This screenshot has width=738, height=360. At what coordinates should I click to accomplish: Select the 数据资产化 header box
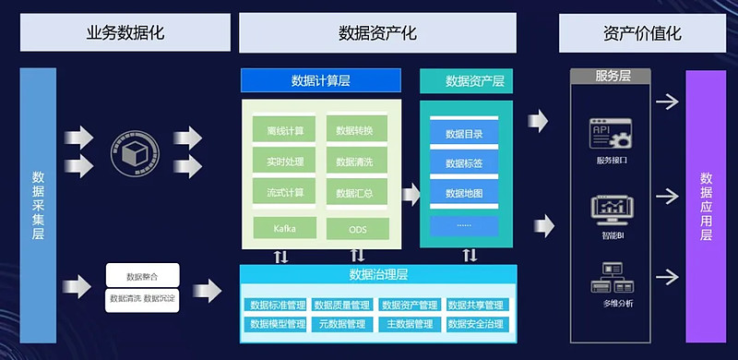378,33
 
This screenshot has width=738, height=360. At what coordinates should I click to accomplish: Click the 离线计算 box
284,129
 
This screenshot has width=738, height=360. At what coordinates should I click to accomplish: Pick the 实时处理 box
284,162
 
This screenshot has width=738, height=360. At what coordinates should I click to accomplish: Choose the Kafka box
284,227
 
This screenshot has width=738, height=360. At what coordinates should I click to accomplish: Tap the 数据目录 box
464,133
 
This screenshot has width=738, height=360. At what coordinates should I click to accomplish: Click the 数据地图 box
464,193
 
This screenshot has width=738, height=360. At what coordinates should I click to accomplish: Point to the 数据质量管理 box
342,305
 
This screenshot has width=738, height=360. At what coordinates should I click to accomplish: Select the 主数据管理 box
409,324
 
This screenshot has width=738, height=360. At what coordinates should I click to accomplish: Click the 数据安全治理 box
475,324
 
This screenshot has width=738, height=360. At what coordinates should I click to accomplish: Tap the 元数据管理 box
342,324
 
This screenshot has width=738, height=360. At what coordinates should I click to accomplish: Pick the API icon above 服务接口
612,136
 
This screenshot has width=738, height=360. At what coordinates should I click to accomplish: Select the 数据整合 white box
142,274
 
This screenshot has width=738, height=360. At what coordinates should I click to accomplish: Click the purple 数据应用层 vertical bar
706,206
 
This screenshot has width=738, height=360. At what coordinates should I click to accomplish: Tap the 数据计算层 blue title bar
319,80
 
